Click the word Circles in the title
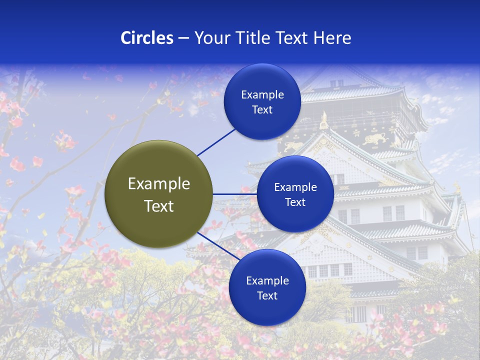(146, 38)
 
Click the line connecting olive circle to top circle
(216, 142)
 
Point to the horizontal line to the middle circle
(234, 194)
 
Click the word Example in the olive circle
(158, 184)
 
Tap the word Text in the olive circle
(158, 206)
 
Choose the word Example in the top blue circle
(262, 95)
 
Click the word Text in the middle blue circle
(295, 202)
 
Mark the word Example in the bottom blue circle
(267, 281)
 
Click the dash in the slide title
(183, 38)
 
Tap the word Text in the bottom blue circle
(267, 296)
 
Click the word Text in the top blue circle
(262, 110)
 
